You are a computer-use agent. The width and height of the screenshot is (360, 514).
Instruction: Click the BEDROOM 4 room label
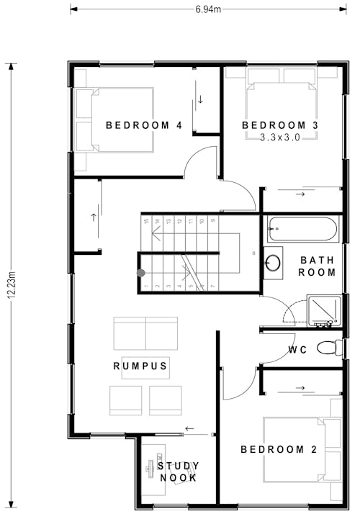click(143, 125)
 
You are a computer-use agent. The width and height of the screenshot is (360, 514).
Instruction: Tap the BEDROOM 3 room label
click(280, 125)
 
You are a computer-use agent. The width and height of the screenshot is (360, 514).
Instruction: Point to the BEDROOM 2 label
click(279, 450)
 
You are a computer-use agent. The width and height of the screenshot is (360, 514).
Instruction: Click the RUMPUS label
click(140, 366)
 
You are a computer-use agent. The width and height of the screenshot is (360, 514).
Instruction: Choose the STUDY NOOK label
click(178, 472)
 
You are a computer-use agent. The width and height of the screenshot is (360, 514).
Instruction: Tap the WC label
click(298, 351)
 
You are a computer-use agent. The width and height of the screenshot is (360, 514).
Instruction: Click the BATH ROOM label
click(318, 266)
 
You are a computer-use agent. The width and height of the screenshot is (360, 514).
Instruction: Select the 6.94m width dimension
click(208, 9)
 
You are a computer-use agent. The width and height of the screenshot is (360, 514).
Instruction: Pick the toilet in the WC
click(328, 348)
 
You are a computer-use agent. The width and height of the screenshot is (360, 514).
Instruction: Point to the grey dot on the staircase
click(141, 273)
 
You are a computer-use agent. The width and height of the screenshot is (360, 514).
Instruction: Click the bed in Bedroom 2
click(300, 451)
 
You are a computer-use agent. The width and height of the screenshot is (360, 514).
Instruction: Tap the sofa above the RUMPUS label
click(145, 333)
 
